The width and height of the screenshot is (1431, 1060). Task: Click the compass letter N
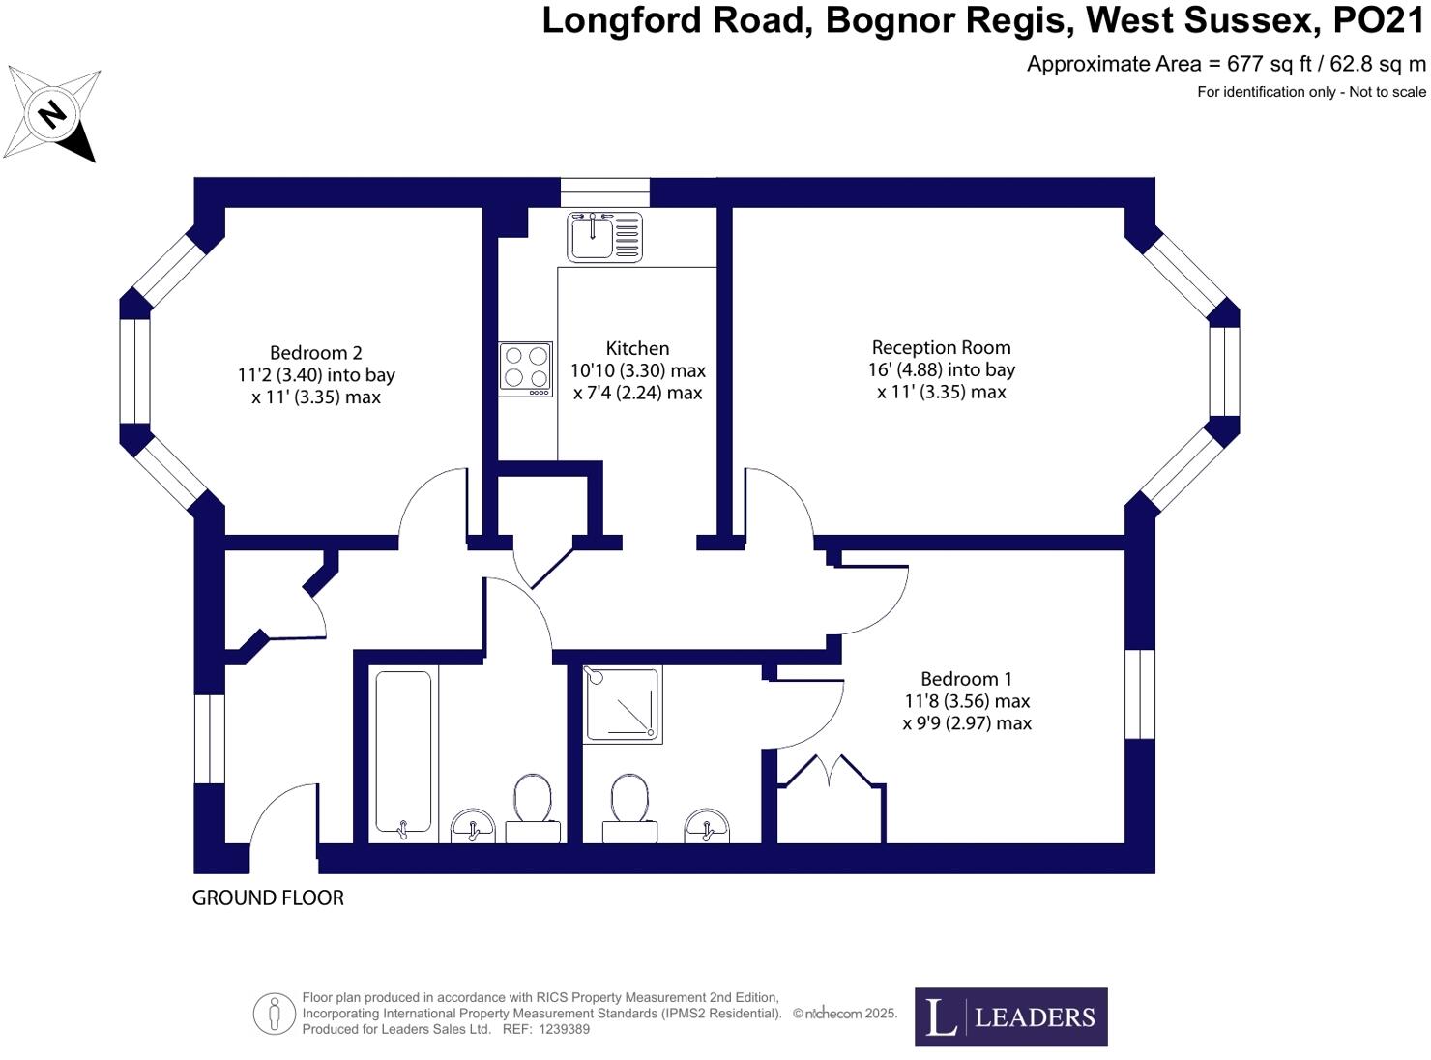point(51,114)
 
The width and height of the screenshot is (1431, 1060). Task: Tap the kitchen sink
point(604,236)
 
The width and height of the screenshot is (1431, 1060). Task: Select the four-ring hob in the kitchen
point(525,368)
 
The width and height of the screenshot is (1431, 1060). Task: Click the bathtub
point(403,752)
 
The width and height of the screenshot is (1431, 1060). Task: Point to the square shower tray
point(623,704)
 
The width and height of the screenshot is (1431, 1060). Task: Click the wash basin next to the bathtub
point(472,826)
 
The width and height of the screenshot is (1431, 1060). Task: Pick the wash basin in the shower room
point(707,825)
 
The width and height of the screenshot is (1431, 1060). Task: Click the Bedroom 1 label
point(966,679)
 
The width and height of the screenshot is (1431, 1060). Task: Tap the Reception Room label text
point(941,347)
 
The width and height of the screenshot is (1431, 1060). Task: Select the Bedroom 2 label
point(315,353)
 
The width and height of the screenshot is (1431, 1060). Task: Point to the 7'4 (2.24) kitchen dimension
point(637,393)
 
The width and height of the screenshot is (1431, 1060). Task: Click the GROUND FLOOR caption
point(268,898)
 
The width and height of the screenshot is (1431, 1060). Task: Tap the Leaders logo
point(1010,1016)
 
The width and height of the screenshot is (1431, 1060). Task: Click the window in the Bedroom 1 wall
point(1140,693)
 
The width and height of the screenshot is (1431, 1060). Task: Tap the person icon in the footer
point(275,1014)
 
